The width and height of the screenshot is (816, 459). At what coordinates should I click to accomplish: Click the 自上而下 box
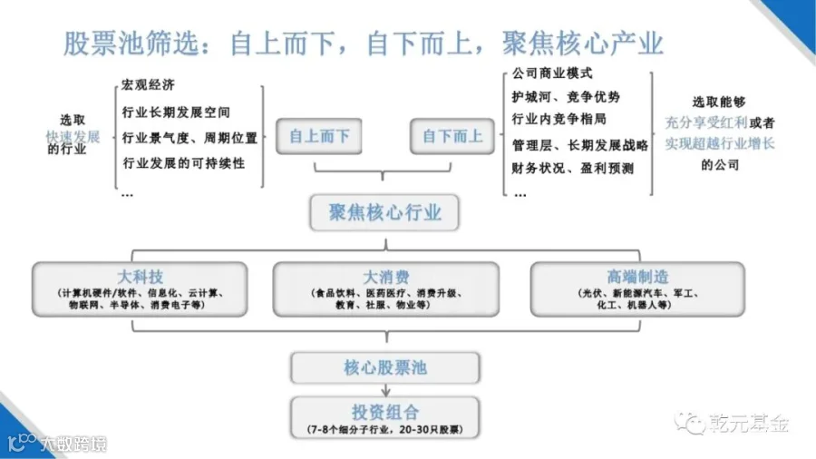(x=318, y=137)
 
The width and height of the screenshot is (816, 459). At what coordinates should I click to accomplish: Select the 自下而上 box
(x=452, y=137)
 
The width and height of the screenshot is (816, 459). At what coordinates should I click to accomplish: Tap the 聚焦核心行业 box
(x=385, y=213)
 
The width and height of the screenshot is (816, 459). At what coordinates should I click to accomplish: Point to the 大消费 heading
(x=385, y=277)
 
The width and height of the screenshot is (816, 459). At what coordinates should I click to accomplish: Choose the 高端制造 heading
(x=636, y=277)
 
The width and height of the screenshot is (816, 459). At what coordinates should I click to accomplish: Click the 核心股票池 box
(x=385, y=367)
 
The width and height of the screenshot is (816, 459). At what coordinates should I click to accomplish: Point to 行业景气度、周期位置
(x=189, y=139)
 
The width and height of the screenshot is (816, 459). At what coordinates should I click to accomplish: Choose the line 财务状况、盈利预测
(x=572, y=168)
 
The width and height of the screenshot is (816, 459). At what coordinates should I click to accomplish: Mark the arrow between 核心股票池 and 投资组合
(x=385, y=388)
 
